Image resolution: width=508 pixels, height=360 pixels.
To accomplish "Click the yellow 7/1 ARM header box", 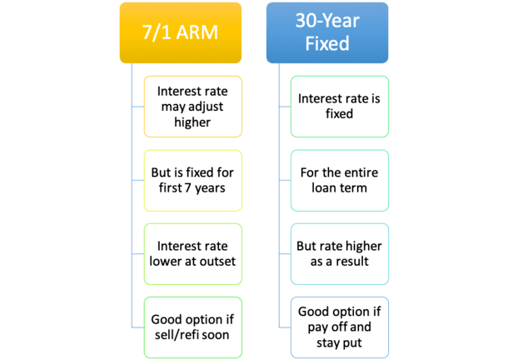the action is click(181, 32).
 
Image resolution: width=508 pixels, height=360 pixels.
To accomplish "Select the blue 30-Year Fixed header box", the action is click(327, 32).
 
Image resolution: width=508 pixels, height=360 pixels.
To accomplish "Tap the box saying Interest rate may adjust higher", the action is click(193, 107).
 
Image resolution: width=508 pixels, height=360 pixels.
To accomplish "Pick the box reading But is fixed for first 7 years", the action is click(193, 181).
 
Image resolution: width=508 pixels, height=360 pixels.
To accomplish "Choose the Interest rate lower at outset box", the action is click(193, 254).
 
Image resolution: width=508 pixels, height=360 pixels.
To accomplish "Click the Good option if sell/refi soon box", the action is click(193, 327).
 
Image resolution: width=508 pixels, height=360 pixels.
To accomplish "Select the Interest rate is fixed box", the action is click(340, 107).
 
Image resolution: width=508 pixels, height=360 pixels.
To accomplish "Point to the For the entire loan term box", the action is click(340, 181).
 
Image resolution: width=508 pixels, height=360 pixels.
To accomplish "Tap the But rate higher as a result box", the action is click(340, 254).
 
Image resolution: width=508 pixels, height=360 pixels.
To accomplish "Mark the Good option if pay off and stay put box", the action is click(340, 327).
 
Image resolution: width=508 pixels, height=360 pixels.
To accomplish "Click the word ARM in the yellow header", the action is click(197, 32).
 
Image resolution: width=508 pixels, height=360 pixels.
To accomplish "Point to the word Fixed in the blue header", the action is click(327, 43).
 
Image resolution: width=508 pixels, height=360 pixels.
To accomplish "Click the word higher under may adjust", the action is click(192, 122).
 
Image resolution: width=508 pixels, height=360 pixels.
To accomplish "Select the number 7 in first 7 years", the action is click(187, 188).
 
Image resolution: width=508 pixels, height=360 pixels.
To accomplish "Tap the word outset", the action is click(217, 262).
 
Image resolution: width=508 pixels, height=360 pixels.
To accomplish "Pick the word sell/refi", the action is click(175, 335).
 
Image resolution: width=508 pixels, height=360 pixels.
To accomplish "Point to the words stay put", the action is click(339, 343).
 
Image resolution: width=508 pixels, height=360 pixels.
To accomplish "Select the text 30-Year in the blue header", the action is click(327, 21).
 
